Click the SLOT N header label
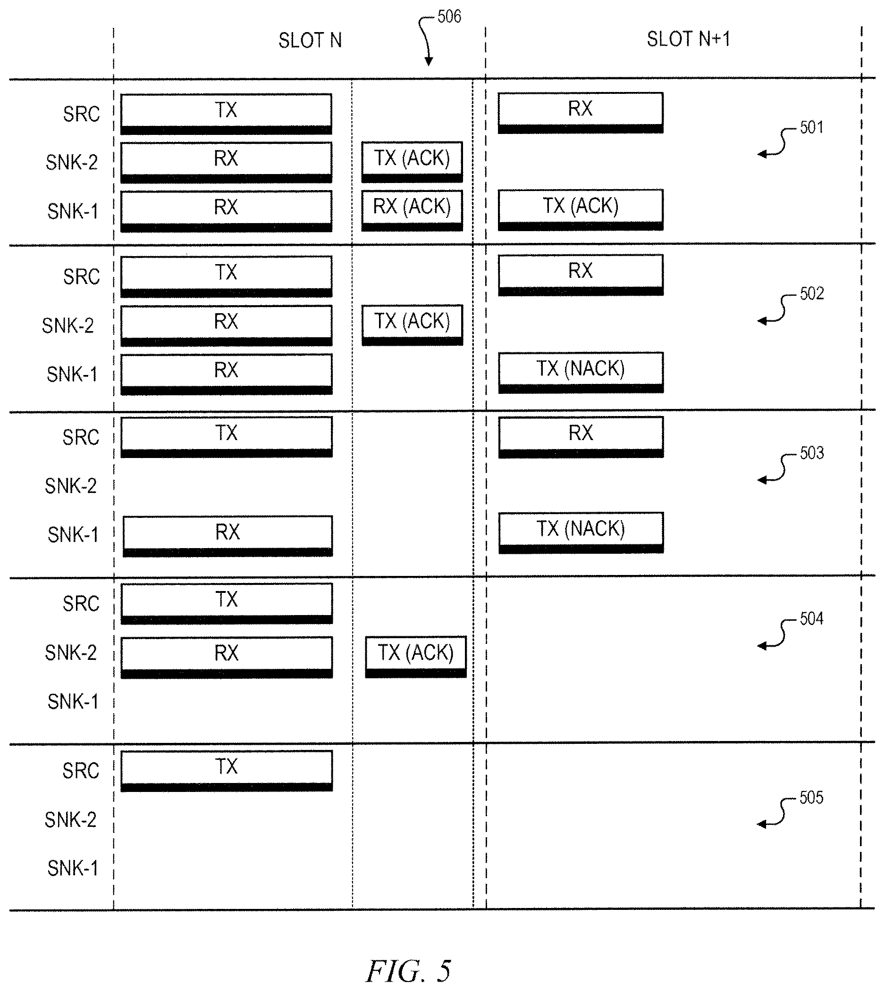point(310,41)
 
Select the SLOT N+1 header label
point(689,39)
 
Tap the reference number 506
point(449,17)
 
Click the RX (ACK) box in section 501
point(412,210)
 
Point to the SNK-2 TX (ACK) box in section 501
point(412,162)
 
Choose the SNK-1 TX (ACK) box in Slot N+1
point(581,210)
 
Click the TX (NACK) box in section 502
point(581,373)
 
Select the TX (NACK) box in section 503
point(581,533)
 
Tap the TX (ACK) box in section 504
point(416,657)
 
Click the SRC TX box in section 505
point(227,771)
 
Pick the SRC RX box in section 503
point(581,437)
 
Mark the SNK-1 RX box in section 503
point(228,536)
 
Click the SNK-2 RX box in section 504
point(227,657)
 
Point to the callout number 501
point(811,127)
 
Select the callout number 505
point(811,798)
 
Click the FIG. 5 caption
point(408,971)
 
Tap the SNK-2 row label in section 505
point(70,820)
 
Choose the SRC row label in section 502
point(81,276)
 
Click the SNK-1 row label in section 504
point(73,702)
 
